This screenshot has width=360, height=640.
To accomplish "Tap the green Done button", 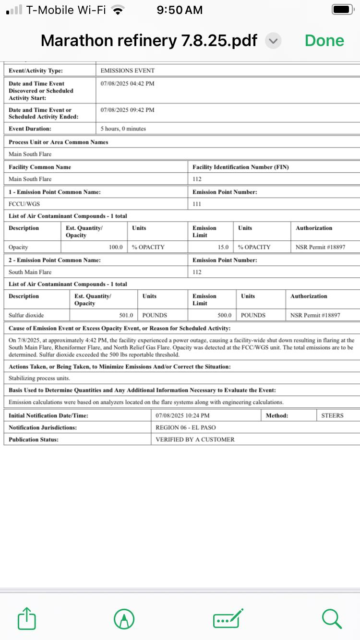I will (x=324, y=41).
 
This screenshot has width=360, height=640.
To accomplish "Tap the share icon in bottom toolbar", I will (x=27, y=618).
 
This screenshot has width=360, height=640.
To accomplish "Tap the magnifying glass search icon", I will (x=332, y=618).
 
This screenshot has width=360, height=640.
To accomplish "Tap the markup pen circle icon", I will (x=124, y=618).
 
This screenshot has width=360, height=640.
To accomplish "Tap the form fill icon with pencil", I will (x=228, y=618).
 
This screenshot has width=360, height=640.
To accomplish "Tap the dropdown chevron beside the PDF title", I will (x=273, y=41).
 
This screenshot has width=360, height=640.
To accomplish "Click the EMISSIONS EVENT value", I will (x=128, y=71).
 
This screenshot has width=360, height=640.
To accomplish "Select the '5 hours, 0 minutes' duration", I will (x=123, y=129).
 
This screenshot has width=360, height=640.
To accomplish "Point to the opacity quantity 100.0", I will (x=116, y=247).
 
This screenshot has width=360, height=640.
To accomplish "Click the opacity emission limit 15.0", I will (x=223, y=247).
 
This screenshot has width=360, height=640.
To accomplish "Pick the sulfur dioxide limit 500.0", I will (x=224, y=315).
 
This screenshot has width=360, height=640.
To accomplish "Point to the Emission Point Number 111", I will (x=197, y=204).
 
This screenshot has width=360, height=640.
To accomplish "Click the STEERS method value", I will (x=332, y=415).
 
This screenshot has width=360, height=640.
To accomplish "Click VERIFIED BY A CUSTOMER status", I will (x=195, y=439).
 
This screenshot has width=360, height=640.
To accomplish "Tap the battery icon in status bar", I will (x=343, y=10).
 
